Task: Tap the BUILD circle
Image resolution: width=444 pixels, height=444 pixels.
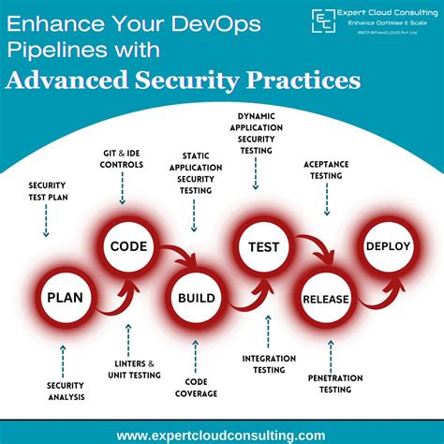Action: (x=197, y=300)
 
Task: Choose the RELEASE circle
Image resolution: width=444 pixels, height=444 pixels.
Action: (x=326, y=299)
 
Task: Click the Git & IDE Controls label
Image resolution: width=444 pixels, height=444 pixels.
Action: (x=123, y=158)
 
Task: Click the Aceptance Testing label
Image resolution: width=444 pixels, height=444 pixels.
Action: (x=327, y=169)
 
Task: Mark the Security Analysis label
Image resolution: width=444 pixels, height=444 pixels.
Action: (x=66, y=391)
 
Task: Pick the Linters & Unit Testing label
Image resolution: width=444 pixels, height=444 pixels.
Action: (x=129, y=369)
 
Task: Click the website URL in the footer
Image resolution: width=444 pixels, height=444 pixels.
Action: (x=221, y=435)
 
